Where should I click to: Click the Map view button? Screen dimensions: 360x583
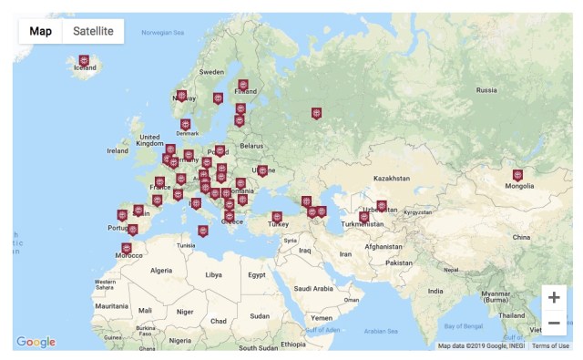(x=40, y=31)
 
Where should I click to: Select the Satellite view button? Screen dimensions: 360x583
(x=93, y=31)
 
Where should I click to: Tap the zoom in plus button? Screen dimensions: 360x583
(x=553, y=298)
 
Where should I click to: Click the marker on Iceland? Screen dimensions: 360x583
(x=84, y=60)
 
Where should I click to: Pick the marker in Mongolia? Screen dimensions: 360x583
(x=517, y=174)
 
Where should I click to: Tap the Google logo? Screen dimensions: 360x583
(x=36, y=342)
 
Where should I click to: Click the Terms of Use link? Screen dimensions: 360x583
(x=550, y=346)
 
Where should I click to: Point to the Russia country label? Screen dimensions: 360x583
(x=486, y=90)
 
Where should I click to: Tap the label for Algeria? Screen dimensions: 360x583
(x=161, y=271)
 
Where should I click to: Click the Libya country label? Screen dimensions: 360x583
(x=213, y=274)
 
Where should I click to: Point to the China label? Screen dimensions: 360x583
(x=520, y=237)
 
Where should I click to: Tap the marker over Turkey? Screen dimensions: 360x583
(x=277, y=217)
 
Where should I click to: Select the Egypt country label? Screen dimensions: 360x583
(x=257, y=274)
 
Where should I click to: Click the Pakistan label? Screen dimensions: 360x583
(x=399, y=262)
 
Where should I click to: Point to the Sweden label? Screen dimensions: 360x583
(x=211, y=71)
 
